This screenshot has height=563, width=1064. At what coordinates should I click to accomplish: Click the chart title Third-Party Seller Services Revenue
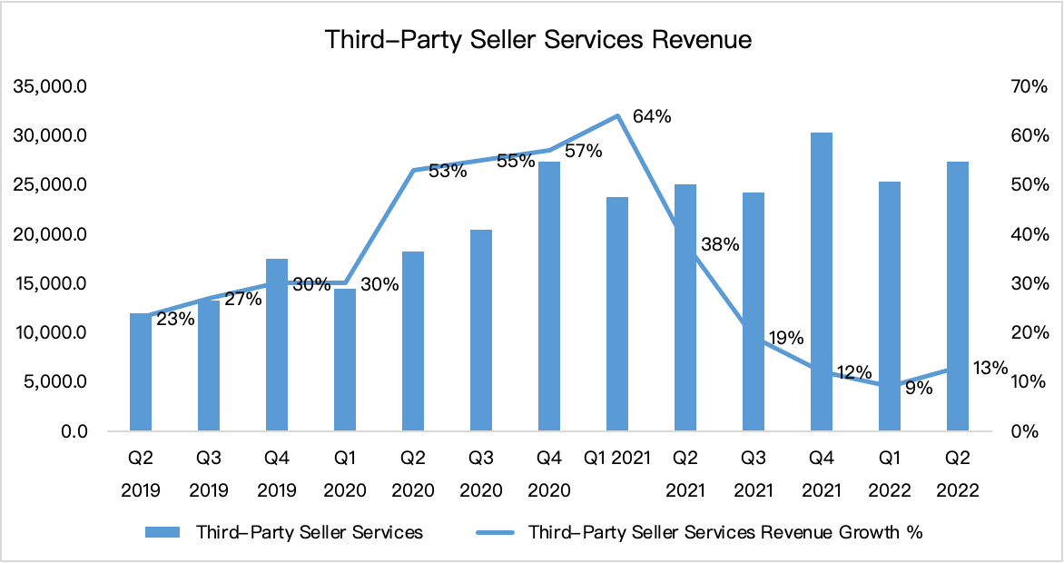coord(538,40)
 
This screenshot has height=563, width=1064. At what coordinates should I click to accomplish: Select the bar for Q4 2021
coord(822,281)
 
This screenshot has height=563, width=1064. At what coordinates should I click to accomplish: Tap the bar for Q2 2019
coord(141,371)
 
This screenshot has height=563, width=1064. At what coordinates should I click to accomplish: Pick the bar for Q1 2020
coord(345,360)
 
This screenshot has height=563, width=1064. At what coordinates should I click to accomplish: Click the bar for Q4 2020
coord(549,295)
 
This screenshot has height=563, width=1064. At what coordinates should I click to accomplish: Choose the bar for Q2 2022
coord(958,295)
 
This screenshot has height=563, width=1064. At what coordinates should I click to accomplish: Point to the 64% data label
coord(652,116)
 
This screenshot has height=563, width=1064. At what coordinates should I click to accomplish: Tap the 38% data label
coord(720,244)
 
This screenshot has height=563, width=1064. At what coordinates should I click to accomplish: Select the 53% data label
coord(448,170)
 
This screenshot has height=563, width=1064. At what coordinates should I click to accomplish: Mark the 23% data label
coord(175,319)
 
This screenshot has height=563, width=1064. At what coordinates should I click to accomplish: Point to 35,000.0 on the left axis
coord(50,87)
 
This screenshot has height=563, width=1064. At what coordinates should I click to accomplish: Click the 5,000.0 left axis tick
coord(54,381)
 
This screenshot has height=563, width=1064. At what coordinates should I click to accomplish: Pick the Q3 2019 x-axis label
coord(209,474)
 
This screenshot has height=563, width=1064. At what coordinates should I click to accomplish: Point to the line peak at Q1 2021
coord(617,115)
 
